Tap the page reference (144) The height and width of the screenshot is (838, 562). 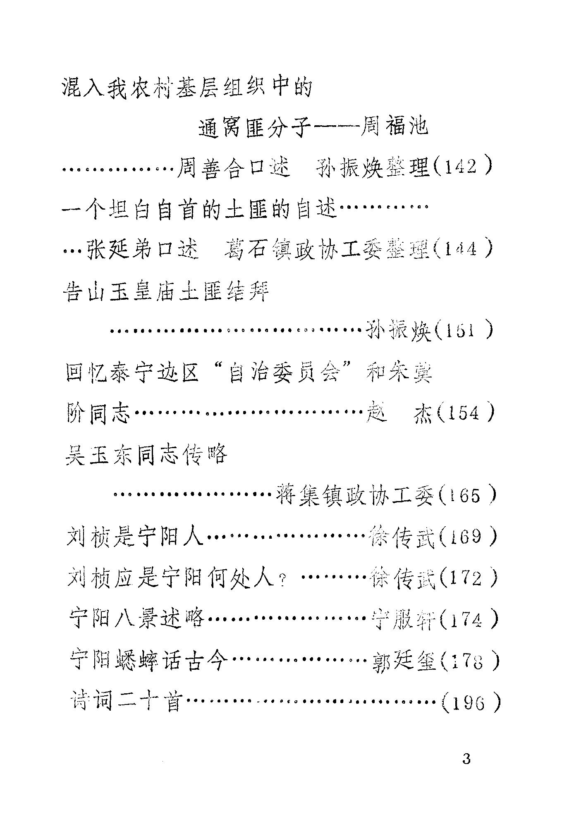click(463, 250)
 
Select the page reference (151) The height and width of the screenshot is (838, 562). click(463, 331)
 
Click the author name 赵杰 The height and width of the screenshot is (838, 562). click(399, 413)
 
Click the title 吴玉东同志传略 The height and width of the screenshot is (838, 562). click(147, 455)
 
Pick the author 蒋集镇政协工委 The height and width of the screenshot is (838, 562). click(354, 495)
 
